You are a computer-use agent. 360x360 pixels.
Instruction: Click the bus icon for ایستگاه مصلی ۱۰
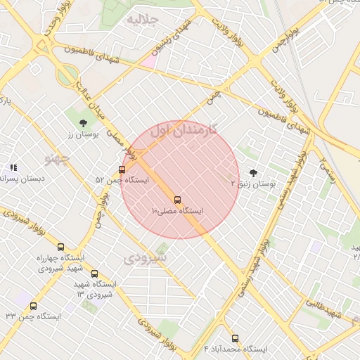pos(177,200)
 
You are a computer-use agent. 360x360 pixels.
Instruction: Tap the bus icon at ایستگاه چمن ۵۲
pos(122,169)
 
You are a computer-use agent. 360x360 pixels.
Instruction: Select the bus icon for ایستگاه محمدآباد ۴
pos(235,338)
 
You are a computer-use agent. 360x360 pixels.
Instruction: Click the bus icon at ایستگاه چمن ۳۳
pos(33,306)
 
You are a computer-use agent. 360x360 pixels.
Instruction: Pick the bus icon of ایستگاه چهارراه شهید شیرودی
pos(60,247)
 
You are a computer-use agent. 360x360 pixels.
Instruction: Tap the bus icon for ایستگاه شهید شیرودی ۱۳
pos(95,274)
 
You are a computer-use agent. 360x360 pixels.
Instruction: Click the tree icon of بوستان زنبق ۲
pos(253,172)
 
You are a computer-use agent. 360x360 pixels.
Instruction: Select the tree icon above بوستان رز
pos(84,123)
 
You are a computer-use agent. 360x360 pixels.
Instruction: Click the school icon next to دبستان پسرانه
pos(13,168)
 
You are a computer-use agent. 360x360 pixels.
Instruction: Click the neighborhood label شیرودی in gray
pos(146,258)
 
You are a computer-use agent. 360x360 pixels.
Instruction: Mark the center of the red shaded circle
pos(180,180)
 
